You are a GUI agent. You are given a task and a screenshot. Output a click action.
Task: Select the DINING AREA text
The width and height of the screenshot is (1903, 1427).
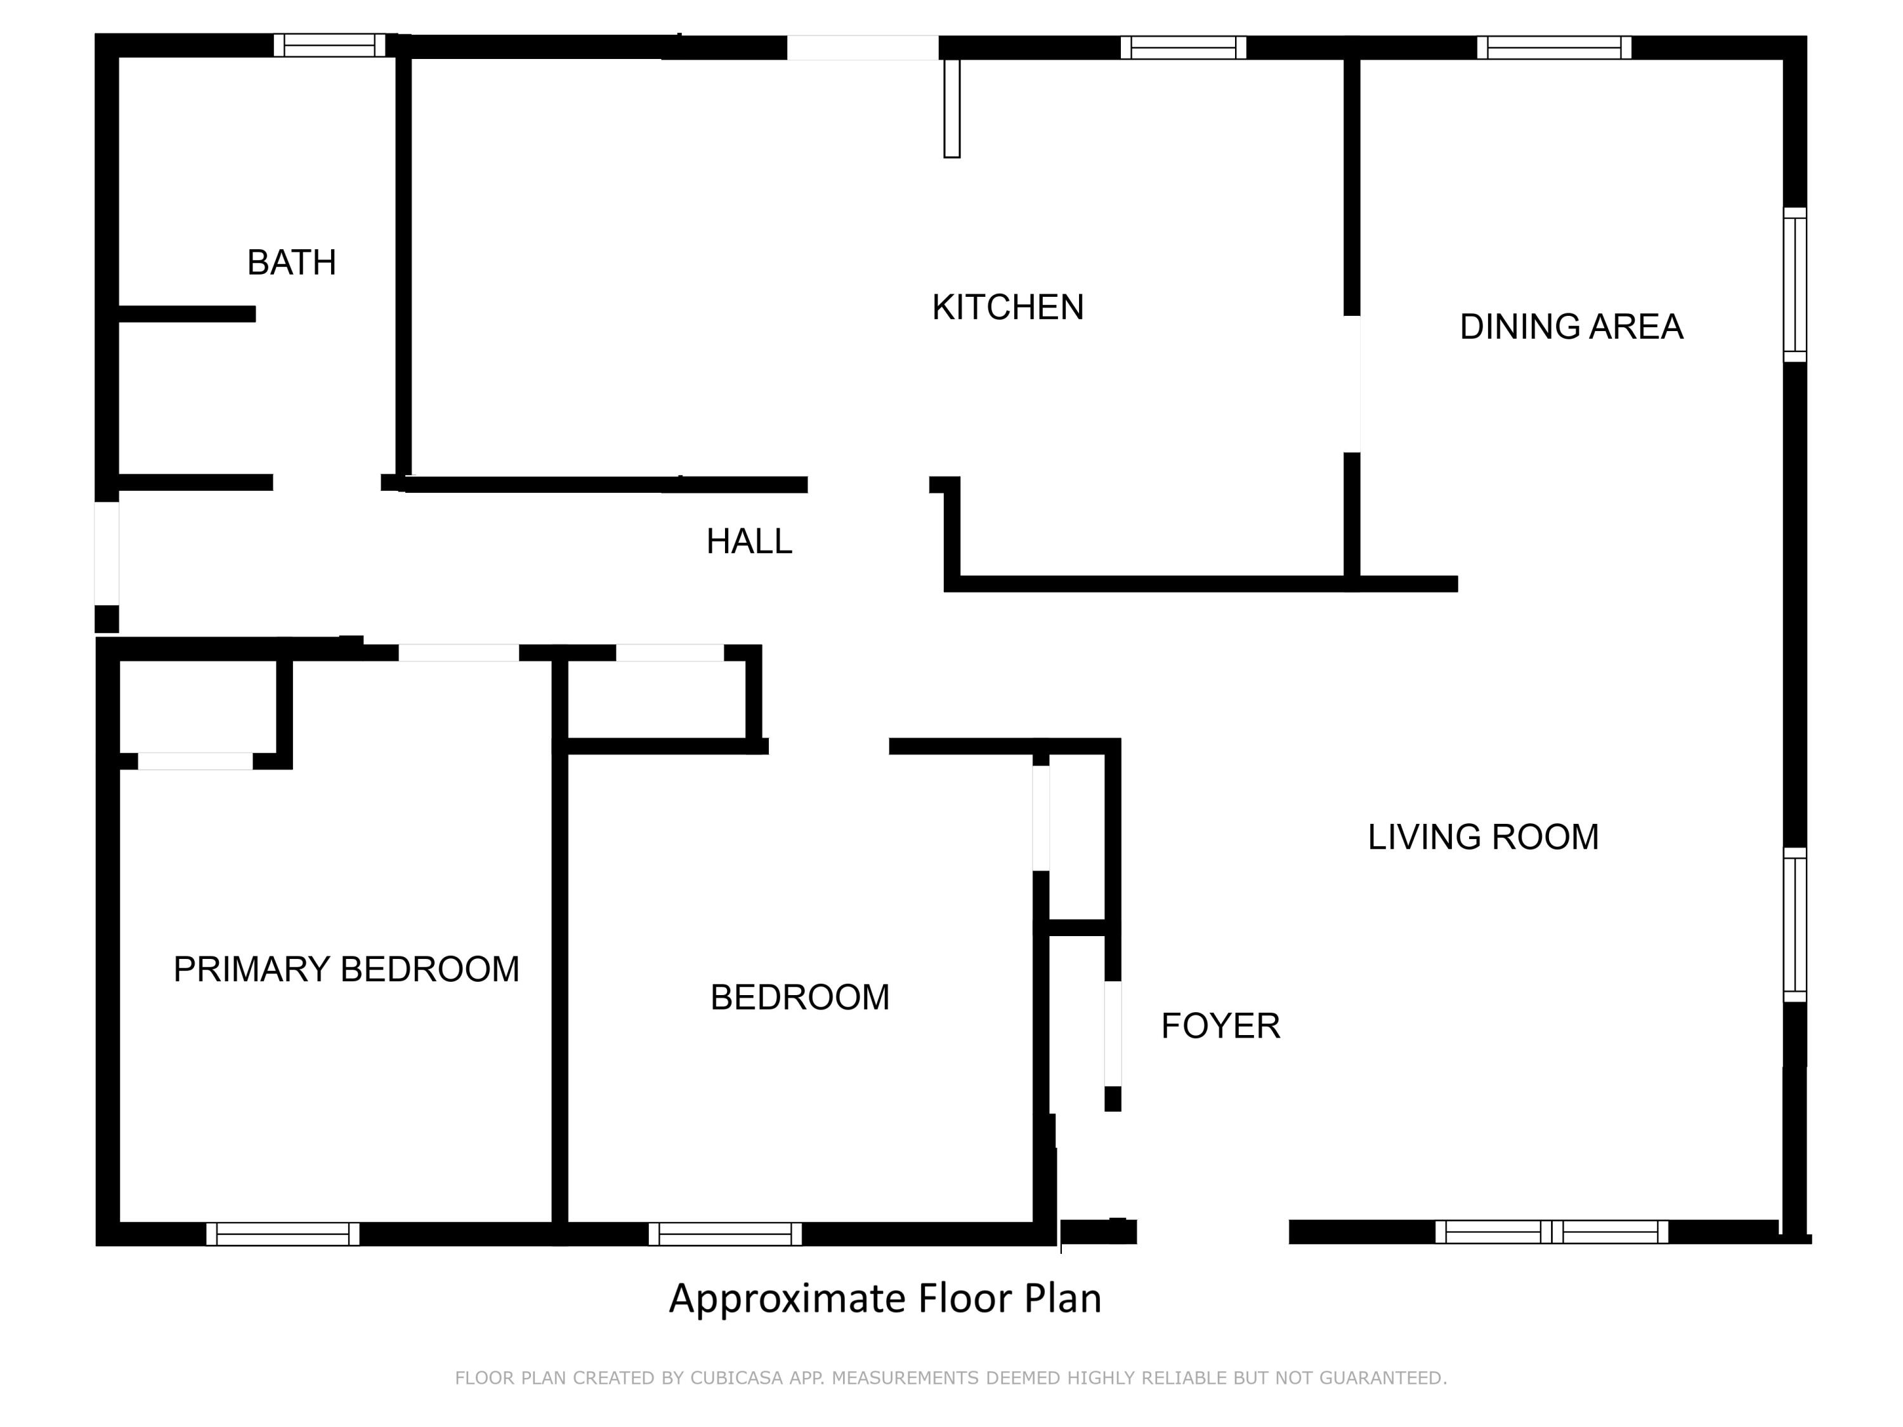click(1571, 327)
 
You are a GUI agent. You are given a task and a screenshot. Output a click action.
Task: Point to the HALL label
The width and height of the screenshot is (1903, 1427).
click(749, 541)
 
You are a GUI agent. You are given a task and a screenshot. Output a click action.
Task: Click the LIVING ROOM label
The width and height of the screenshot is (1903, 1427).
click(1483, 837)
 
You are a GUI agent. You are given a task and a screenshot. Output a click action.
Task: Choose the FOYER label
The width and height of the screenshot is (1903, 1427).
click(1220, 1026)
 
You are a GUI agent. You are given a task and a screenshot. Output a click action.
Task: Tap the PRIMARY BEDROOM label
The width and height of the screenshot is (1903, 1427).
click(346, 969)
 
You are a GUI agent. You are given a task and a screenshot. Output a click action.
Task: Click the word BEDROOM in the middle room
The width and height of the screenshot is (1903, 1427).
click(799, 998)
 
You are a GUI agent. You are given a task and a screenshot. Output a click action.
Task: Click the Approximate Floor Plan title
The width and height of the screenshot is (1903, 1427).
click(884, 1298)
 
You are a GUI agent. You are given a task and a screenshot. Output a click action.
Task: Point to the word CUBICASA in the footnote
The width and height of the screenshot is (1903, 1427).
click(736, 1378)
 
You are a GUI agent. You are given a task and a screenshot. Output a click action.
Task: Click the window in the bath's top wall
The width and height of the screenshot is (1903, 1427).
click(329, 46)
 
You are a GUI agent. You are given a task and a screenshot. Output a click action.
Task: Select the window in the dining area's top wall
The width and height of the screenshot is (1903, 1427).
click(1553, 48)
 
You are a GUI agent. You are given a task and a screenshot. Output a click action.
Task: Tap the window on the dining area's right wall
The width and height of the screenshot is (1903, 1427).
click(1795, 284)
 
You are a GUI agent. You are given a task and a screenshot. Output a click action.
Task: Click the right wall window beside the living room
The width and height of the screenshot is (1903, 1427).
click(1795, 925)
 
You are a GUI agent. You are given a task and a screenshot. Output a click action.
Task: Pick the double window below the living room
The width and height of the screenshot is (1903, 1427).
click(1551, 1232)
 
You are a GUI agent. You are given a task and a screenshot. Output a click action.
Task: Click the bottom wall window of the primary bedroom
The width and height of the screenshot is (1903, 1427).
click(283, 1234)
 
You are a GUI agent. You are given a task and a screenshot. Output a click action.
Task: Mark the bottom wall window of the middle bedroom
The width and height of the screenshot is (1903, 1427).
click(725, 1234)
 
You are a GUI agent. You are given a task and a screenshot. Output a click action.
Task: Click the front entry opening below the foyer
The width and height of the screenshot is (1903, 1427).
click(1212, 1232)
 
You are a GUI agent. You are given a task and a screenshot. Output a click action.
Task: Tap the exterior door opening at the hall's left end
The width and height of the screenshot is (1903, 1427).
click(107, 553)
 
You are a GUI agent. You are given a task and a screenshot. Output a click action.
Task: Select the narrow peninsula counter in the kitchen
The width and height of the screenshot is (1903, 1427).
click(951, 108)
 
